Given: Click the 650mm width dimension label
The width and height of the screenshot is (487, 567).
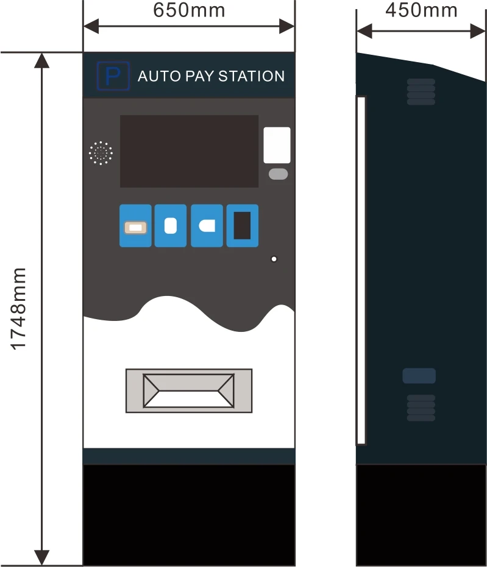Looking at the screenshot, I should click(x=189, y=10).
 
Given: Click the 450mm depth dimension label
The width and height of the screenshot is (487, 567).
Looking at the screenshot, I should click(x=421, y=10).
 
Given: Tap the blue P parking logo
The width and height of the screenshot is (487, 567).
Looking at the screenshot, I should click(x=113, y=76).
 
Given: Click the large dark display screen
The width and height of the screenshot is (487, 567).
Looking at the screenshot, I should click(x=189, y=151).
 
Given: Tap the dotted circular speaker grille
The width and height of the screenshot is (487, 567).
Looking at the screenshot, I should click(x=101, y=153).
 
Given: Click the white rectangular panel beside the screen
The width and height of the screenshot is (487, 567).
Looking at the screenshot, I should click(x=277, y=145).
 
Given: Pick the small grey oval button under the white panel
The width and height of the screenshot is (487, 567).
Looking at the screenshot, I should click(x=278, y=174).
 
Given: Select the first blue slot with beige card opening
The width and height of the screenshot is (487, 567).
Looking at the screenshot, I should click(x=135, y=226).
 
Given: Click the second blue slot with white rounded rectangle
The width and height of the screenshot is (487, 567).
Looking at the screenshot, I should click(x=171, y=226).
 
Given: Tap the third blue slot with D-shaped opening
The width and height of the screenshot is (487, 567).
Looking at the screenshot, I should click(x=207, y=226).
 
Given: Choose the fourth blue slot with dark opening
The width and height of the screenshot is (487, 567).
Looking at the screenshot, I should click(x=243, y=226).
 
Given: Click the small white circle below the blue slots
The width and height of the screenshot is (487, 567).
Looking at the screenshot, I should click(x=274, y=259).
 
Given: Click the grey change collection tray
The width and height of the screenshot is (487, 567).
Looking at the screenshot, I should click(x=189, y=390).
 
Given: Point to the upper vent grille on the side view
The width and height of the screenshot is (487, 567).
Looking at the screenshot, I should click(x=421, y=91).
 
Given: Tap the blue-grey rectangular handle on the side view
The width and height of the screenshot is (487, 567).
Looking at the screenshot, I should click(x=419, y=376).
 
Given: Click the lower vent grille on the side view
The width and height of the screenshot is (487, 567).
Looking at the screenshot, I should click(x=421, y=407).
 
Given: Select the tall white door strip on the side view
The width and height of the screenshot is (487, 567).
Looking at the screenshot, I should click(x=361, y=270).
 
